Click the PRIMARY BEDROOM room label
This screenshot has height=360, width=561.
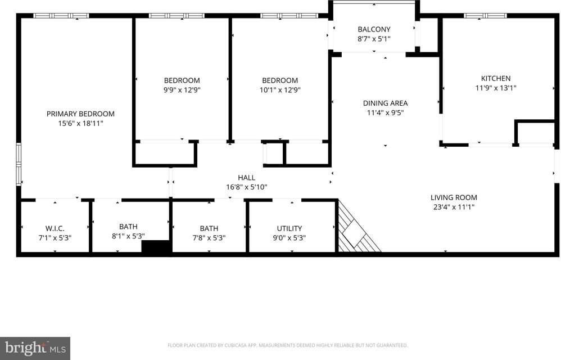pos(80,114)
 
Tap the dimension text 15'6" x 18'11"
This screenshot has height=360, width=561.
pos(80,123)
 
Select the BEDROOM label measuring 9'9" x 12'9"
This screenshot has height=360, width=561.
pos(182,80)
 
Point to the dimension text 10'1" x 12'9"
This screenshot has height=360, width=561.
pos(280,89)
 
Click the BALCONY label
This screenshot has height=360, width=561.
pos(374,29)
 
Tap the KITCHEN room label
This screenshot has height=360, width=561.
pos(495,78)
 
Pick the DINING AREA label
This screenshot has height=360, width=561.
pos(385,103)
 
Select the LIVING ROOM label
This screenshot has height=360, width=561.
pos(454,197)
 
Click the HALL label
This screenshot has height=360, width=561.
pos(246,178)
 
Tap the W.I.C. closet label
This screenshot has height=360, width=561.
pos(55,228)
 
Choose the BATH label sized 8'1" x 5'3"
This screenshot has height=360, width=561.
pos(128,227)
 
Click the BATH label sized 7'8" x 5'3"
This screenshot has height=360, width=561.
pos(209,228)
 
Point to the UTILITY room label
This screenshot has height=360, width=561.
pos(289,228)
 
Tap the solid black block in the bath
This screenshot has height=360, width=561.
pos(156,247)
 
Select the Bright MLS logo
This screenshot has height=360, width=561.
pos(34,348)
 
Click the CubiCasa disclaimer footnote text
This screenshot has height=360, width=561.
pos(287,345)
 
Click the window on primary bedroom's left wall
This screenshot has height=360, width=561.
pos(19,164)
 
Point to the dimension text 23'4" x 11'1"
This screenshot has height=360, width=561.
pos(454,206)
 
